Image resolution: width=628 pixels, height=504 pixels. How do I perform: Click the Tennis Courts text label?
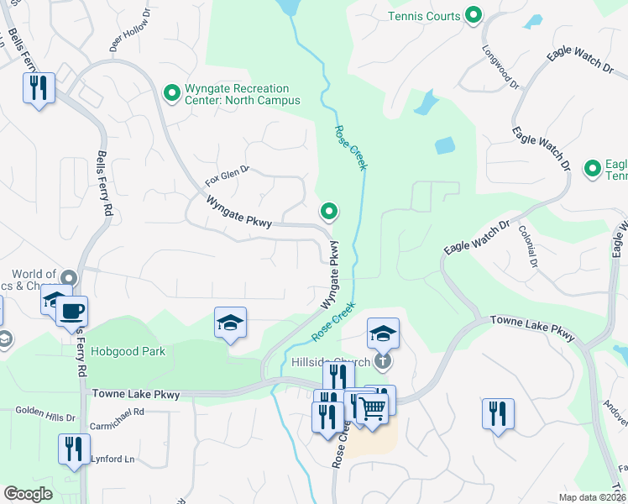tap(424, 16)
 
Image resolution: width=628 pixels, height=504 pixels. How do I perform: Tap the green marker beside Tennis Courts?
tap(474, 15)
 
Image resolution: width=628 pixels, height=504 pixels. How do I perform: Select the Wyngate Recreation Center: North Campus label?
tap(238, 94)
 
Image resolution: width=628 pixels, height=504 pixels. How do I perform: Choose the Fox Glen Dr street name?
tap(228, 176)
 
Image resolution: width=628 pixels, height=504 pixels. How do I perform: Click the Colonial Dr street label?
tap(528, 246)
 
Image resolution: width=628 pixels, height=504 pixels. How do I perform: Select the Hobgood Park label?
tap(128, 351)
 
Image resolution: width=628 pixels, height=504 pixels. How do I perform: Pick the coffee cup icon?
tap(71, 311)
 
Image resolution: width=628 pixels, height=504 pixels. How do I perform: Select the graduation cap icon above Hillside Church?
tap(383, 333)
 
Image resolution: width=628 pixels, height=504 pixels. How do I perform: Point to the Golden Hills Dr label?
tap(46, 412)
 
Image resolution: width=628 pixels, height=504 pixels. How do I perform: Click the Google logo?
tap(29, 494)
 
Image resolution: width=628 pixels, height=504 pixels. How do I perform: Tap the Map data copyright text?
tap(593, 497)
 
